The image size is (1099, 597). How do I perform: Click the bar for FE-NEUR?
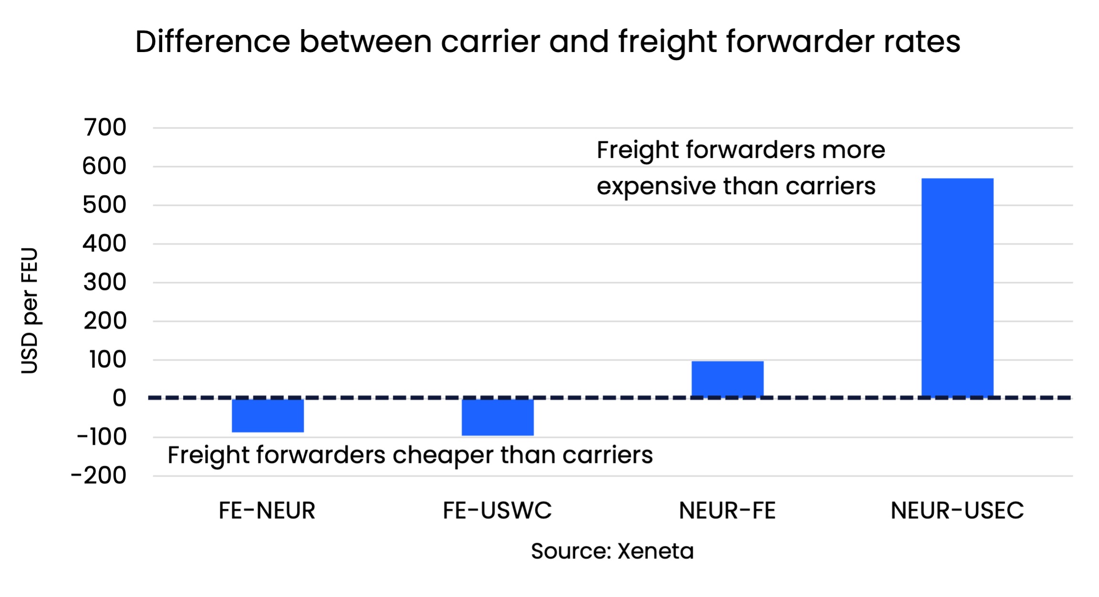267,415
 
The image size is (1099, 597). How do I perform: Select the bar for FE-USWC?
497,417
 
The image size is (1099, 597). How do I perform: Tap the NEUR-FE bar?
727,379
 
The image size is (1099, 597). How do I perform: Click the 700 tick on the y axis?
105,128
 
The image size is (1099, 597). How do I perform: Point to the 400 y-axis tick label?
104,244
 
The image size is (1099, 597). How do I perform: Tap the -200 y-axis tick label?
99,476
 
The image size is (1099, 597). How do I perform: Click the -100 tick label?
102,437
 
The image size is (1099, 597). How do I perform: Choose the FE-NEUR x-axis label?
267,511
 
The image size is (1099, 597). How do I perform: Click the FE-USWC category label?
497,511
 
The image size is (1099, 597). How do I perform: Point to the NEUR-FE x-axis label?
727,511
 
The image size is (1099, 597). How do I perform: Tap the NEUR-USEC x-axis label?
957,511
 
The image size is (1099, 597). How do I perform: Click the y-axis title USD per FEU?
30,310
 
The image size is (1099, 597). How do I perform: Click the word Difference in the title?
212,42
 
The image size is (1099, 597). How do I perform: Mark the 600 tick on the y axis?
104,167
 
